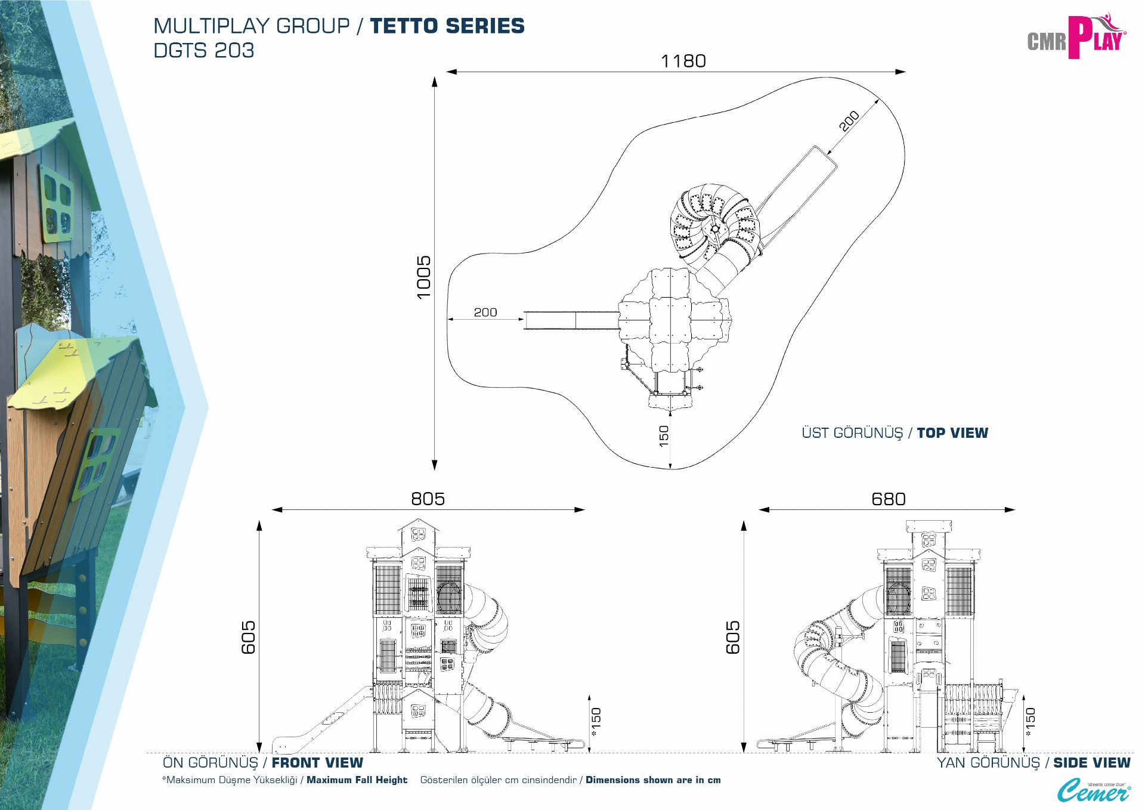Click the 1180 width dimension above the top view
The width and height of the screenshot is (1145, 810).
coord(683,61)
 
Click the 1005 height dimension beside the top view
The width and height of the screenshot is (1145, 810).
coord(423,277)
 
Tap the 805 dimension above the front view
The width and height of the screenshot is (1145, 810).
coord(428,499)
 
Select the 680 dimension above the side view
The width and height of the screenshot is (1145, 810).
coord(888,499)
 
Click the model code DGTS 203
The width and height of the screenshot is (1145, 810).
coord(204,51)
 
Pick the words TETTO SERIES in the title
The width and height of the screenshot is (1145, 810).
coord(447,26)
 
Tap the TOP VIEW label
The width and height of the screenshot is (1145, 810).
coord(952,433)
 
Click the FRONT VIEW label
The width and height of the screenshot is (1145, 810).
coord(317,763)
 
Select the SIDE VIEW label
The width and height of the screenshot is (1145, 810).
coord(1091,763)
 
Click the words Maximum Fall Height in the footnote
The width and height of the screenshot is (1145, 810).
coord(357,780)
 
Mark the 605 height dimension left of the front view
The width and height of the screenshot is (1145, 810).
coord(248,637)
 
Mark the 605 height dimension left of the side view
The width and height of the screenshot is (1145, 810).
coord(733,637)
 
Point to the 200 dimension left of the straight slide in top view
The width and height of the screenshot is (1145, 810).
coord(485,313)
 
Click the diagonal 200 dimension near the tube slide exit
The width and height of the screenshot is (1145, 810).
coord(849,121)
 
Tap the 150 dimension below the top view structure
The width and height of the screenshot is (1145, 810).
coord(664,436)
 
